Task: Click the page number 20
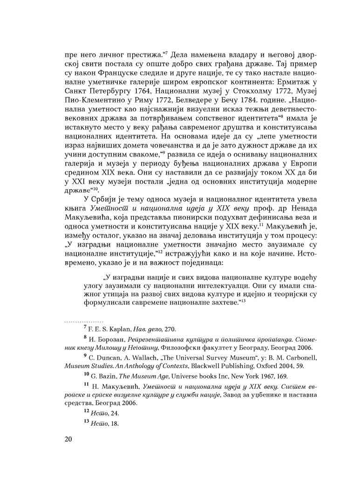pyautogui.click(x=68, y=440)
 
